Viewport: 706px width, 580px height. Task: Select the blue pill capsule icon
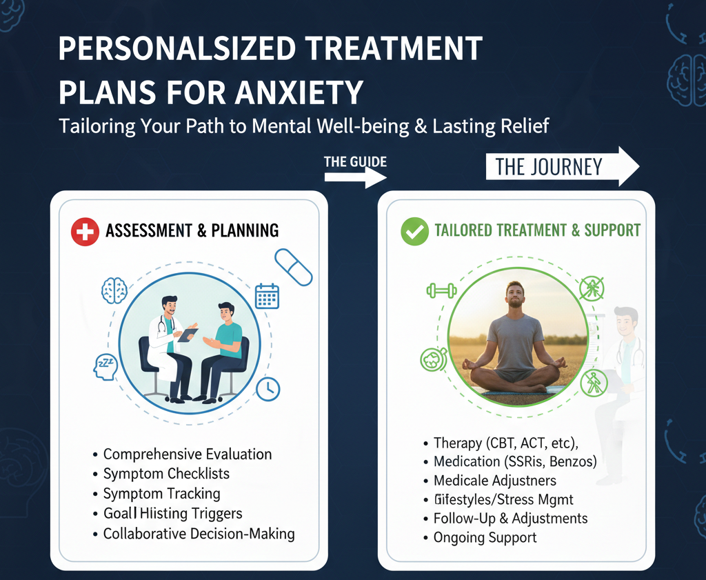tap(294, 267)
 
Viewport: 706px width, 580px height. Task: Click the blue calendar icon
tap(266, 295)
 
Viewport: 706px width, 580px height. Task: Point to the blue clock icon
tap(268, 388)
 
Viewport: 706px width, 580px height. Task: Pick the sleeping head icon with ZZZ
tap(105, 366)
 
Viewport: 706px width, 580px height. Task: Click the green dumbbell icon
tap(441, 290)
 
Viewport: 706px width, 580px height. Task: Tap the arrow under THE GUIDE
tap(355, 177)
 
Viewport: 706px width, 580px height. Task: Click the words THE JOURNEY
tap(549, 167)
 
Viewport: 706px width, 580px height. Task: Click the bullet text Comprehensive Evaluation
tap(188, 454)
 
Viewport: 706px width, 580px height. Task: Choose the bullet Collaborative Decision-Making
tap(199, 534)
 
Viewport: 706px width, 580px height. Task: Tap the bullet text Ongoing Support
tap(485, 537)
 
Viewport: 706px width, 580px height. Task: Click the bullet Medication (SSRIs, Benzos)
tap(515, 461)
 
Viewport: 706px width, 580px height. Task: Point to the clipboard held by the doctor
tap(188, 335)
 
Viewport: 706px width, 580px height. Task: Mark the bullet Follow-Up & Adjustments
tap(510, 518)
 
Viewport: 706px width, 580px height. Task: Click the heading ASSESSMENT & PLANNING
tap(192, 231)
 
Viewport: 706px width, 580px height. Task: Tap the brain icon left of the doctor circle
tap(114, 290)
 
